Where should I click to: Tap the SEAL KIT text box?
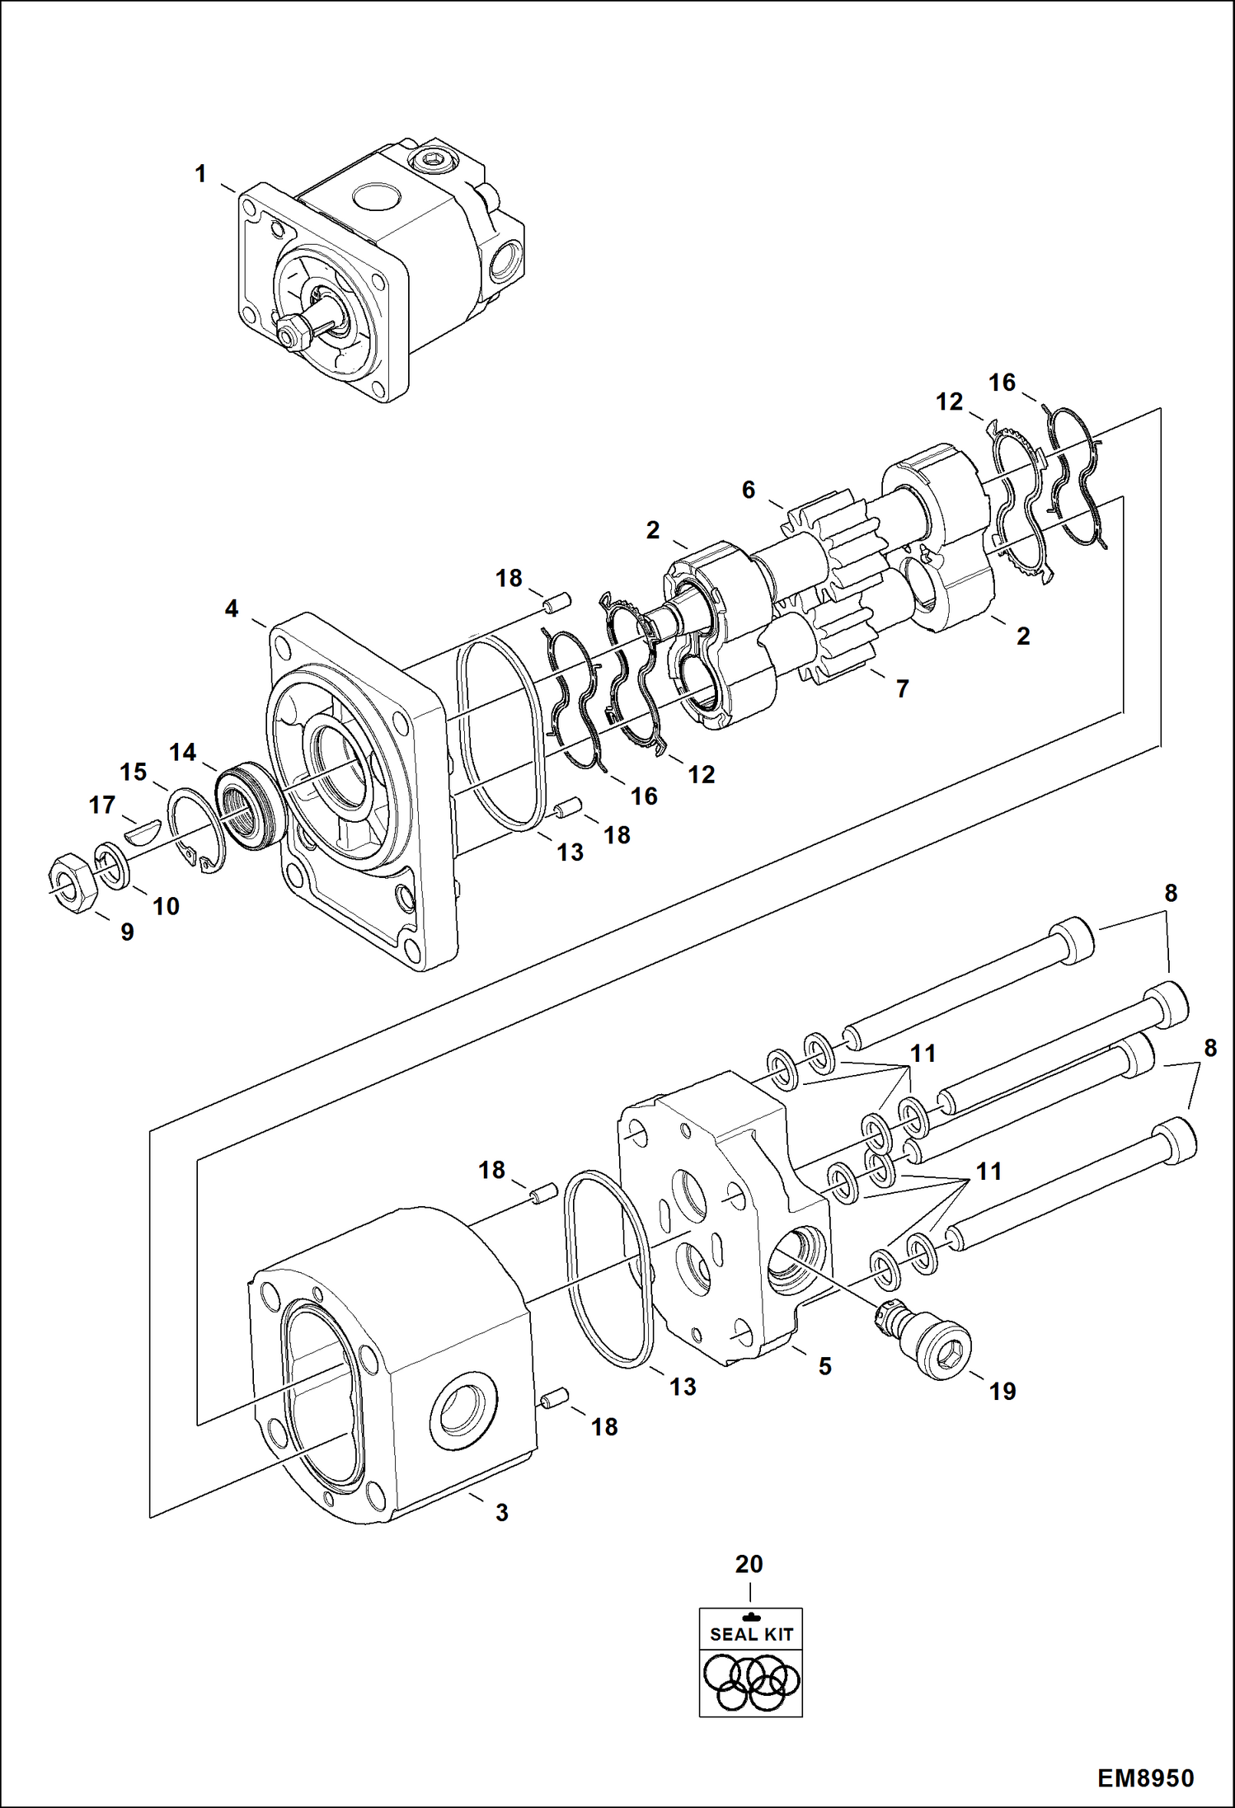click(x=750, y=1634)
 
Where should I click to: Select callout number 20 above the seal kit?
click(x=749, y=1563)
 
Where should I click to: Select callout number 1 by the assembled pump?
click(x=200, y=174)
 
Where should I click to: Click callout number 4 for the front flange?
click(x=232, y=608)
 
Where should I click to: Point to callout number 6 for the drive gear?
click(x=748, y=490)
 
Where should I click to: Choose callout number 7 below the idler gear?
click(x=902, y=688)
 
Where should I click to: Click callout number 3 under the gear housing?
click(x=501, y=1513)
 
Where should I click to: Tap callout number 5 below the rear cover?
click(x=824, y=1366)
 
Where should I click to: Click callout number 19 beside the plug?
click(x=1003, y=1392)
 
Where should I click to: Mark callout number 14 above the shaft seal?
click(x=183, y=752)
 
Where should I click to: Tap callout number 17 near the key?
click(x=102, y=805)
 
